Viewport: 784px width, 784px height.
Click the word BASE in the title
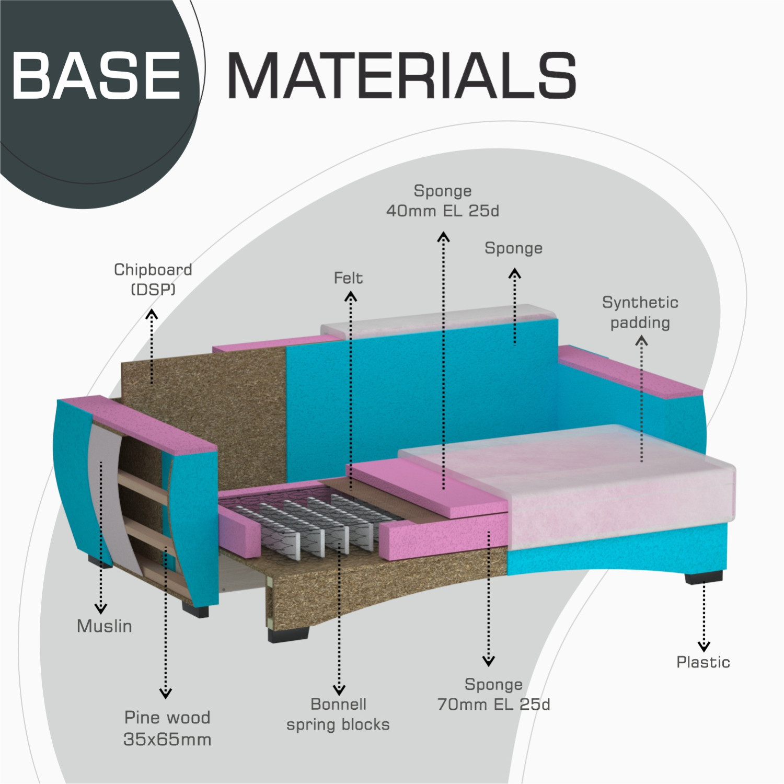(x=97, y=76)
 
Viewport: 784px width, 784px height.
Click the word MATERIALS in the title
(x=401, y=76)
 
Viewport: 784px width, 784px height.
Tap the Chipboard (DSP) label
(x=153, y=279)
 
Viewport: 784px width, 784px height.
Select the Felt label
(x=348, y=278)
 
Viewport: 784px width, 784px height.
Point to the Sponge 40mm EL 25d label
(x=443, y=201)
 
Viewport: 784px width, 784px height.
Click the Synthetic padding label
(x=640, y=312)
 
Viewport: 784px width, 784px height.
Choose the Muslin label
(x=105, y=626)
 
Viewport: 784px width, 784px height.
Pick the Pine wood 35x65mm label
(x=167, y=728)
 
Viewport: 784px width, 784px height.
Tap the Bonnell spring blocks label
(x=338, y=714)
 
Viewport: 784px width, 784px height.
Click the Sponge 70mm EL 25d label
(x=494, y=694)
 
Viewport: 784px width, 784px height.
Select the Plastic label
(x=703, y=662)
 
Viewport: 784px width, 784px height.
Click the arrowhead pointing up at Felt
(x=351, y=297)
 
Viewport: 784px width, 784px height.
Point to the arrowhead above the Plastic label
(x=704, y=647)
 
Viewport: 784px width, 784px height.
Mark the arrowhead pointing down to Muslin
(x=101, y=608)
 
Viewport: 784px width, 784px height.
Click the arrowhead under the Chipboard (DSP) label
(x=152, y=314)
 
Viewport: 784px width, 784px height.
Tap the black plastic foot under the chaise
(x=704, y=578)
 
